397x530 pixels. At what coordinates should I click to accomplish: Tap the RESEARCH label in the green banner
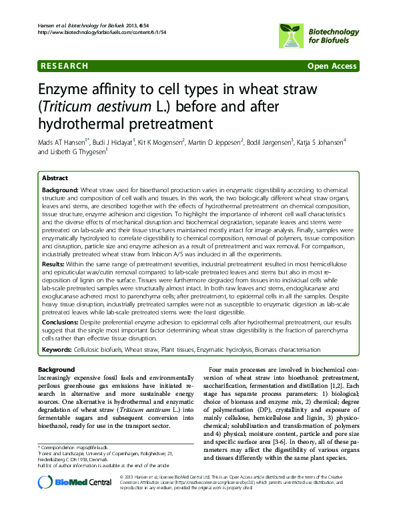coord(65,66)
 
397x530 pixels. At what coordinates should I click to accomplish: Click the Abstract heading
coord(55,178)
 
